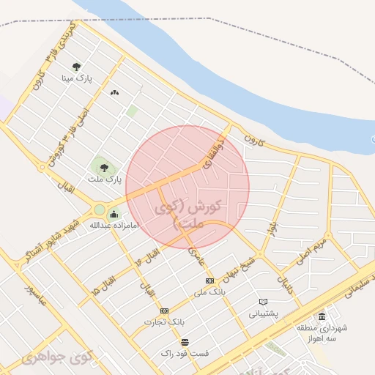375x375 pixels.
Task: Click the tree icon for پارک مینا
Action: tap(77, 67)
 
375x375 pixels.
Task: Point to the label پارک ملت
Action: tap(103, 179)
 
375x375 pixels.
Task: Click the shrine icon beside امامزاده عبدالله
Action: tap(114, 215)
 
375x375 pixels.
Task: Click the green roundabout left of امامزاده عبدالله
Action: tap(99, 211)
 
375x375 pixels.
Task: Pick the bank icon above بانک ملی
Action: tap(210, 281)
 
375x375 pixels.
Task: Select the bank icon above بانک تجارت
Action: tap(164, 311)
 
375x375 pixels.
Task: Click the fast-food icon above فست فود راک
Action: tap(185, 342)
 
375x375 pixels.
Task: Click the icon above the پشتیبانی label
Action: tap(264, 302)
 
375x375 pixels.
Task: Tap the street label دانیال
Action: tap(284, 282)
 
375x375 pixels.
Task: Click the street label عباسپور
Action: tap(33, 297)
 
